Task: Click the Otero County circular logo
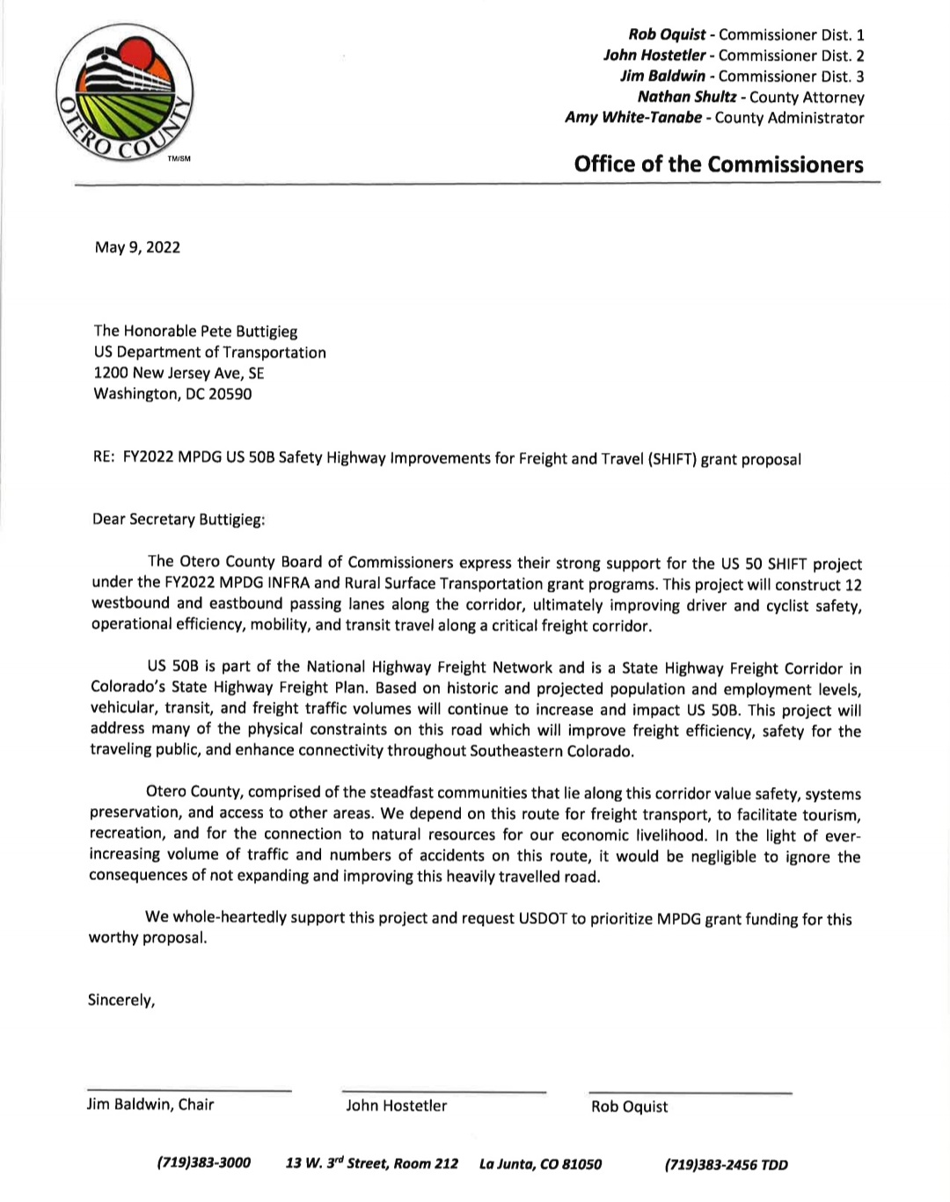click(x=124, y=94)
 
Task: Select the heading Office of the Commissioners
click(x=718, y=164)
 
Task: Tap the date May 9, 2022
click(x=137, y=247)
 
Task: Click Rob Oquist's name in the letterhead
click(x=667, y=35)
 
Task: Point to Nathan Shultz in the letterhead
click(x=686, y=98)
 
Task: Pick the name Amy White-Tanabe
click(x=633, y=118)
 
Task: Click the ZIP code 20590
click(x=230, y=394)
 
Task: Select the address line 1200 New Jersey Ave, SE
click(x=179, y=373)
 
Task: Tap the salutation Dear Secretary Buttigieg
click(x=179, y=519)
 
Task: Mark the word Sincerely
click(x=121, y=1000)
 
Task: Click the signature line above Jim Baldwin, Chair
click(x=189, y=1091)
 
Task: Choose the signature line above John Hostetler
click(x=444, y=1092)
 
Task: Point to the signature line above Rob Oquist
click(x=691, y=1093)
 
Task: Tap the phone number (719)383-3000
click(x=204, y=1163)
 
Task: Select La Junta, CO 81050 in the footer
click(x=540, y=1164)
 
